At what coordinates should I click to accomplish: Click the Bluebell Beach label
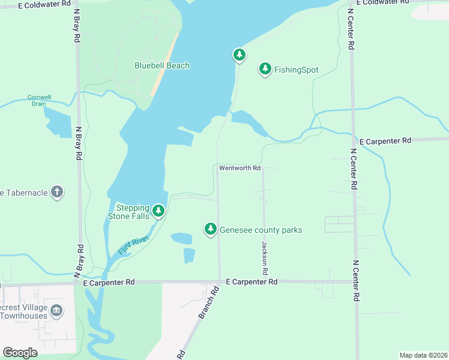[161, 65]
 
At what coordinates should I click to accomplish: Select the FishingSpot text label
[296, 70]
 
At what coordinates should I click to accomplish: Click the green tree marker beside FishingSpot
[265, 69]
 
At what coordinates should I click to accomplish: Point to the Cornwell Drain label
[40, 100]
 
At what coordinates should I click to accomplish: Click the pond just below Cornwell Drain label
[57, 122]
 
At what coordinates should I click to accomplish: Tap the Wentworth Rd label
[240, 168]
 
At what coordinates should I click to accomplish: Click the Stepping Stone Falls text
[128, 212]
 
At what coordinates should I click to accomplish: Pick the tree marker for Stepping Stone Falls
[158, 211]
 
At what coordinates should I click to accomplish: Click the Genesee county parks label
[261, 230]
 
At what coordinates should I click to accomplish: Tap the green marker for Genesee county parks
[210, 229]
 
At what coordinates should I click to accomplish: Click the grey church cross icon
[56, 192]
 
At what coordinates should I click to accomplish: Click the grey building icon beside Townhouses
[56, 310]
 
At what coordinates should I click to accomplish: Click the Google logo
[20, 353]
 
